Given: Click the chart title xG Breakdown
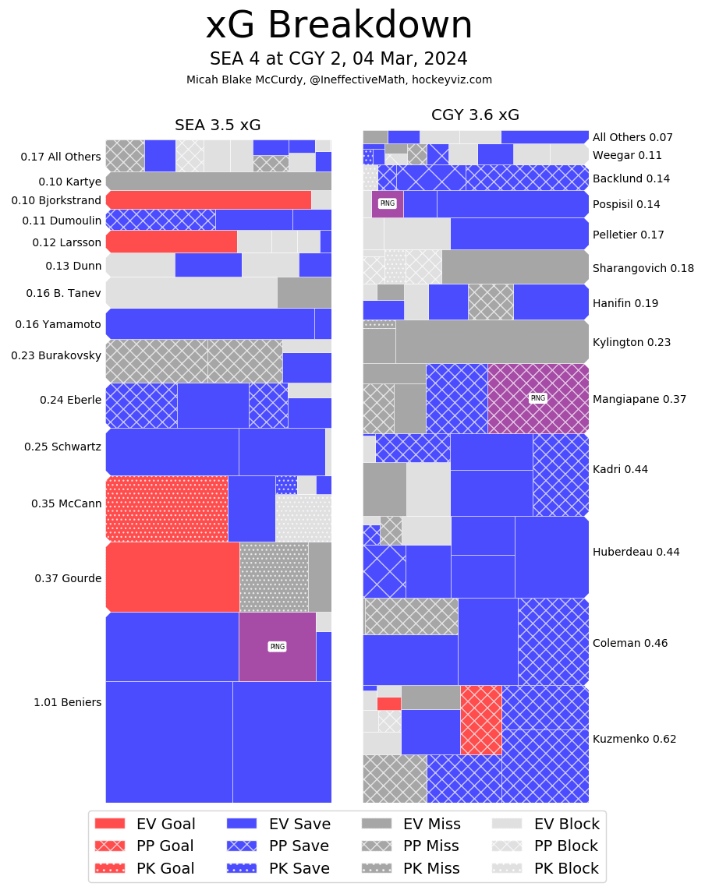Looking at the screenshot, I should [x=338, y=26].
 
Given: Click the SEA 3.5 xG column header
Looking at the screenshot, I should [x=218, y=125].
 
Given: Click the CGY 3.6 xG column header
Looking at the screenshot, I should [x=475, y=115].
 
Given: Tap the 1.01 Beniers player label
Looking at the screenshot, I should [x=67, y=702].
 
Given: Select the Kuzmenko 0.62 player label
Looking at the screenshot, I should [x=634, y=739].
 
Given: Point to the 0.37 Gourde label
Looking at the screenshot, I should [x=68, y=578].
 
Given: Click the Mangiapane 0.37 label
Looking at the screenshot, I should [x=639, y=399].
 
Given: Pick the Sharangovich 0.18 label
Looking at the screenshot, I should [x=643, y=268].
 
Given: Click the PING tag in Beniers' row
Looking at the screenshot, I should [x=277, y=647].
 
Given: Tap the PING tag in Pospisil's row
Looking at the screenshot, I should [x=387, y=203].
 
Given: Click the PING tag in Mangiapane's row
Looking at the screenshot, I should [x=537, y=398].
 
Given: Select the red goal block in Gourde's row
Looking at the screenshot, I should [x=172, y=577].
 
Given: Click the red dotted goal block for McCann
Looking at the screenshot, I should [x=167, y=508].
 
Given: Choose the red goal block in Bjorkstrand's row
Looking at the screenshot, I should [x=208, y=200].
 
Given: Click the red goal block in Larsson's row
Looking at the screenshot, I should [x=172, y=242].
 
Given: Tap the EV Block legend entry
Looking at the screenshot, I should [x=546, y=824].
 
